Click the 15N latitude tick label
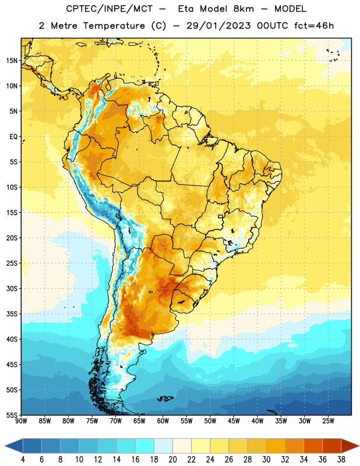[12, 61]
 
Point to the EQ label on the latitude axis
[13, 137]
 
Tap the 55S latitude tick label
[12, 415]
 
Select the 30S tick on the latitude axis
[12, 288]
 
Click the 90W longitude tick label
[21, 421]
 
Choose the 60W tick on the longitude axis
[163, 421]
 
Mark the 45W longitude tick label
[234, 421]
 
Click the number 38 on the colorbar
[341, 460]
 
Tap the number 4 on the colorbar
[23, 460]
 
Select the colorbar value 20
[172, 460]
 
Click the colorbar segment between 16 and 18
[145, 446]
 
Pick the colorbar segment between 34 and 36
[313, 446]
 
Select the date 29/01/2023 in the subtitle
[218, 26]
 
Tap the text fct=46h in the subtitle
[314, 26]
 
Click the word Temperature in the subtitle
[114, 26]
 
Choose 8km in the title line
[243, 9]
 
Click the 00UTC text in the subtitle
[273, 26]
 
